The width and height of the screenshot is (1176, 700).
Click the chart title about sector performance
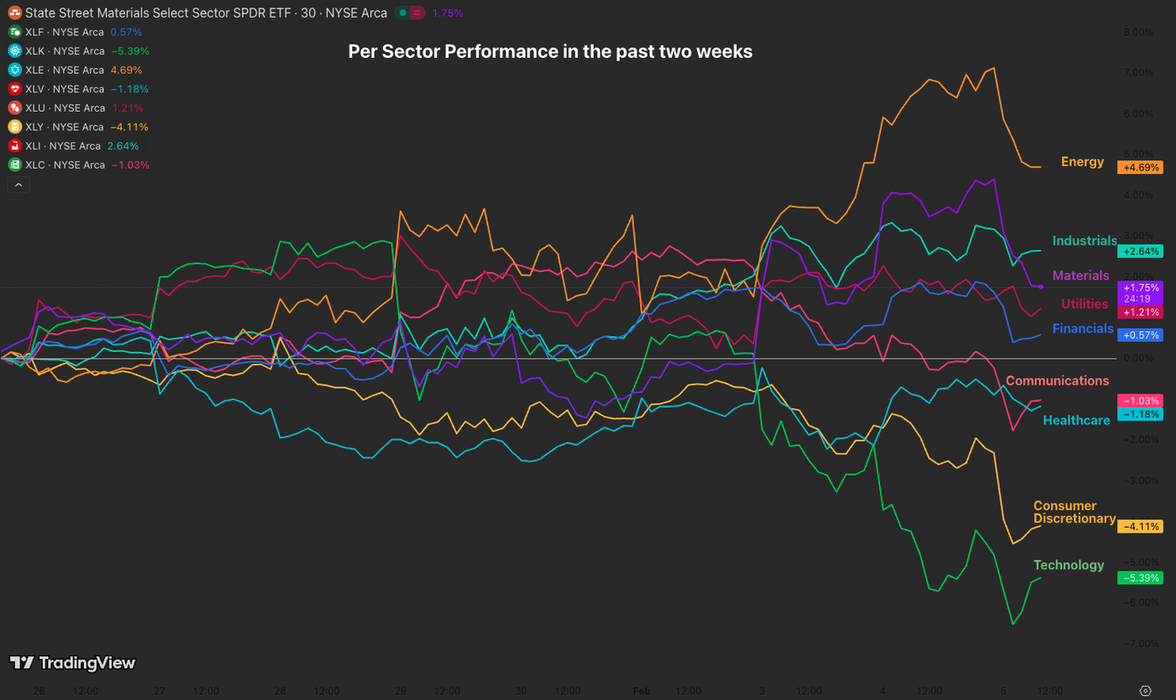[x=550, y=51]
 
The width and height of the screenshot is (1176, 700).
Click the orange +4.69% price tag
[x=1139, y=167]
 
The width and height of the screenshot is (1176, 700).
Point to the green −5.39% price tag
[x=1139, y=578]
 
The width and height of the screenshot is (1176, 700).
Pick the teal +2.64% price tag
[x=1139, y=251]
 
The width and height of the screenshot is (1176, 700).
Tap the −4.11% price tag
[x=1139, y=527]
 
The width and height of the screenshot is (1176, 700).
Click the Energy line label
[x=1082, y=161]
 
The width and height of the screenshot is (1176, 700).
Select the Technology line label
[x=1068, y=565]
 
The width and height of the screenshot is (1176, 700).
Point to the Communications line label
[x=1057, y=381]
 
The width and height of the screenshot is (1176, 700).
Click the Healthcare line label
[x=1076, y=420]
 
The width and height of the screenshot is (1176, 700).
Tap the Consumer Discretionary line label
[x=1074, y=513]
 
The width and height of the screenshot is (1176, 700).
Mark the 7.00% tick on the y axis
[x=1138, y=73]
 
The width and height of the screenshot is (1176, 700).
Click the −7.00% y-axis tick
[x=1137, y=644]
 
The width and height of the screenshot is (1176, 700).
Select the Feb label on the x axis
[x=641, y=691]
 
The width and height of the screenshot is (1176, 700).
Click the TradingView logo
[x=72, y=663]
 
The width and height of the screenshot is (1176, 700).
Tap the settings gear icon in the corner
[x=1145, y=691]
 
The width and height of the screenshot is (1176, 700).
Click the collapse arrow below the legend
[x=18, y=185]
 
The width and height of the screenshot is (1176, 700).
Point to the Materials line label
[x=1081, y=276]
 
